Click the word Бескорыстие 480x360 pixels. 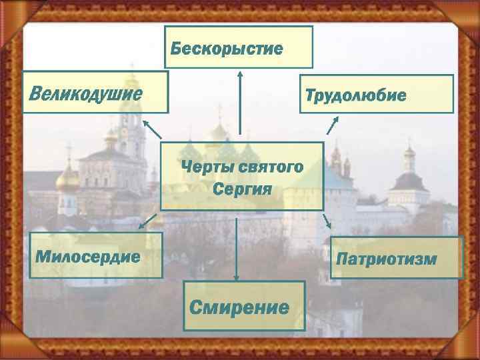click(226, 49)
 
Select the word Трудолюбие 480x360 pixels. click(355, 95)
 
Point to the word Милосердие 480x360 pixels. click(87, 257)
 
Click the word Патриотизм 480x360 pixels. click(387, 258)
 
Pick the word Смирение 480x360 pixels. click(239, 307)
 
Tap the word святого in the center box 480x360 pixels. click(269, 166)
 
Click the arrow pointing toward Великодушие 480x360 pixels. click(151, 129)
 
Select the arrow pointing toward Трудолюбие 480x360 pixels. click(331, 125)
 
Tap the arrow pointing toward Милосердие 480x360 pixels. click(149, 221)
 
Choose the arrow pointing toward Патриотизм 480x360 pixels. click(326, 222)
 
